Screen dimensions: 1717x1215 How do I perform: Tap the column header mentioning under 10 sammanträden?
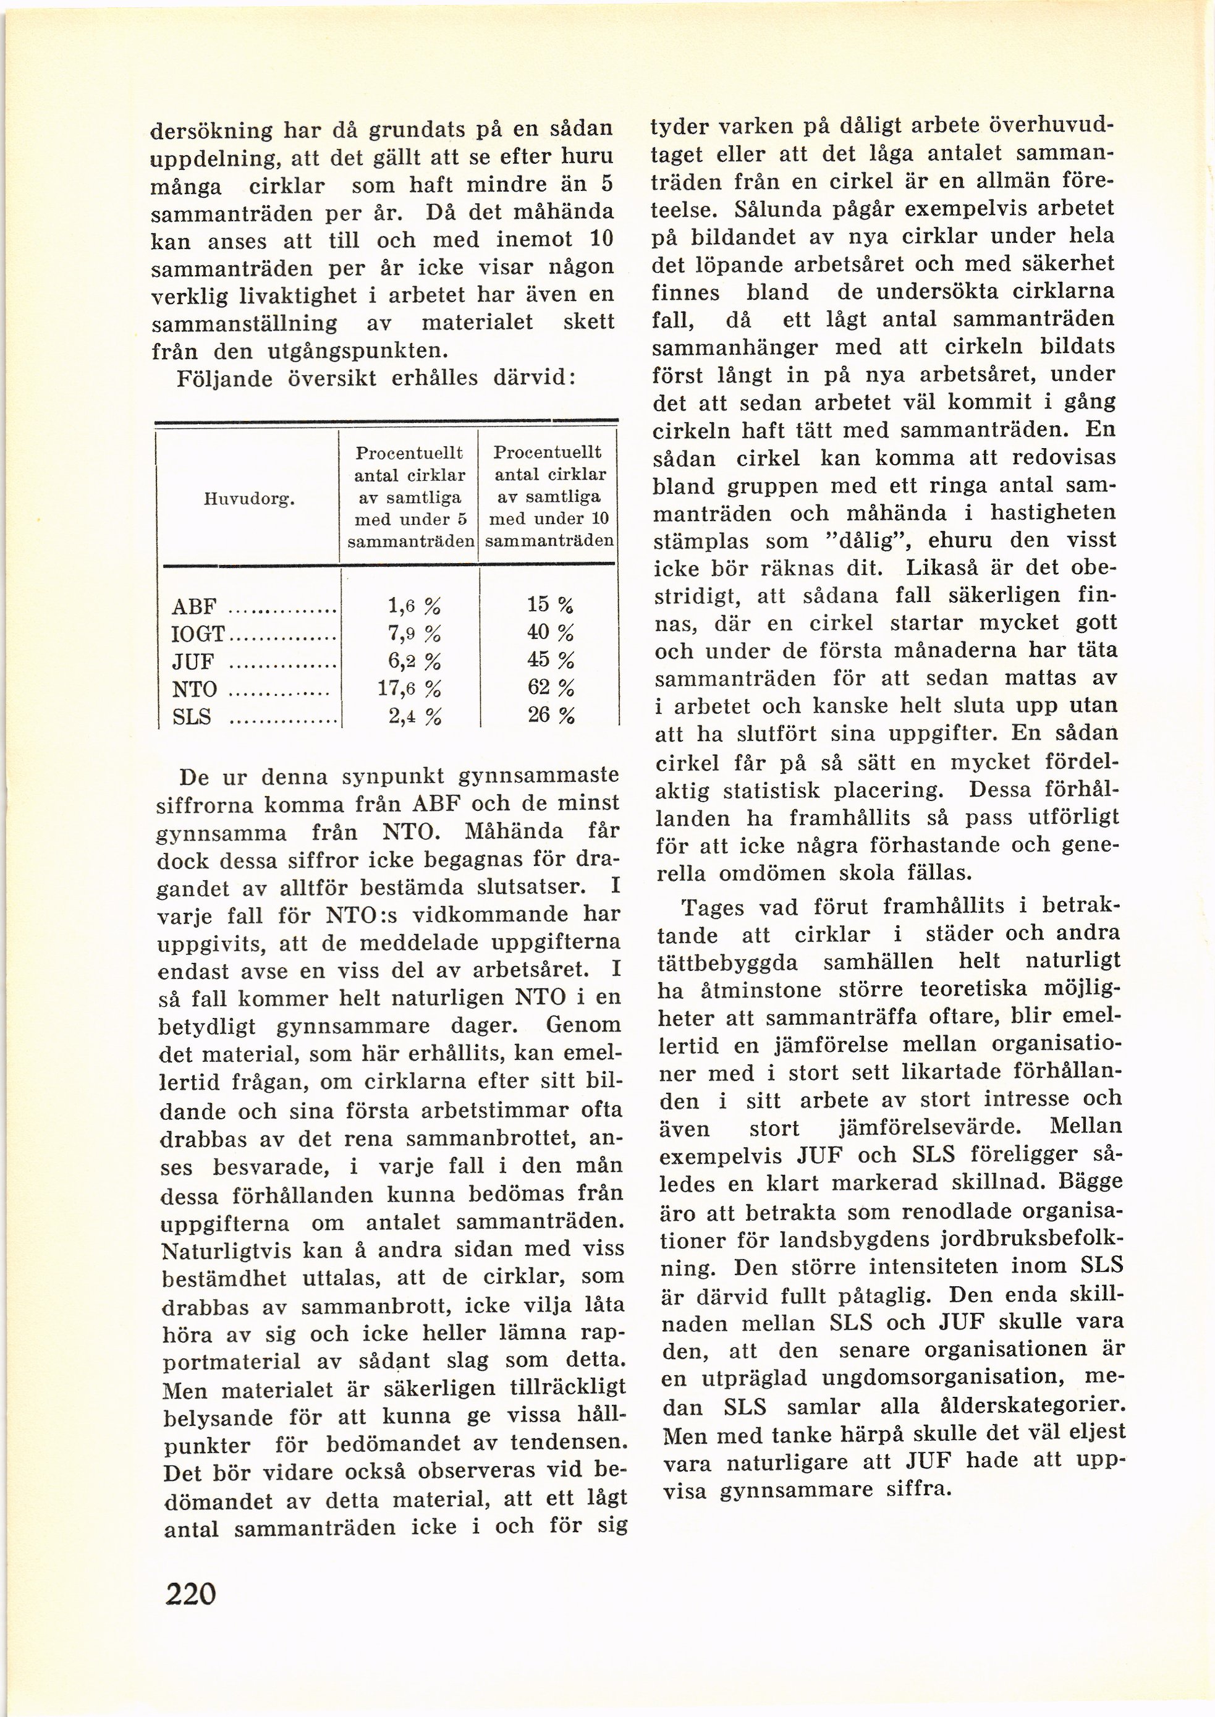tap(550, 496)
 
